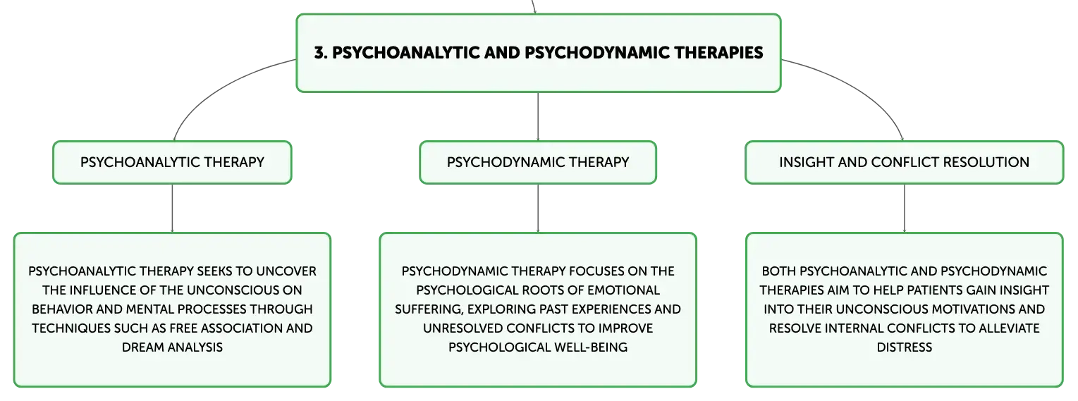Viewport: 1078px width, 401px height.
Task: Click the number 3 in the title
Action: pos(319,54)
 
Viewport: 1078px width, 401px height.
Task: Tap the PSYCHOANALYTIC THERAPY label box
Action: pos(172,162)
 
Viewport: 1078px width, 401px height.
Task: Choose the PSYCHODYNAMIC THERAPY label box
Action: pos(538,162)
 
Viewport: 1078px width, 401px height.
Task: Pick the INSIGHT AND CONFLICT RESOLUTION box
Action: pos(904,162)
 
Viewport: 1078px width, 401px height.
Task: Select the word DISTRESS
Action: pos(904,347)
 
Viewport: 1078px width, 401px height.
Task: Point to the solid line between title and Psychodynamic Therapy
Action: pos(538,116)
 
